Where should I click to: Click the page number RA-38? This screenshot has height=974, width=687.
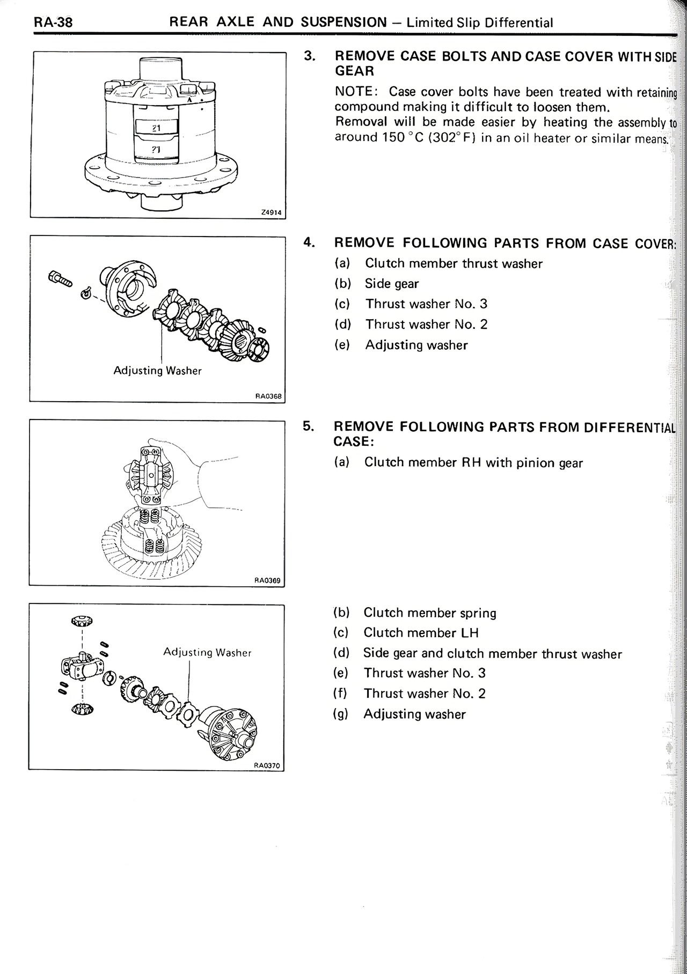click(53, 23)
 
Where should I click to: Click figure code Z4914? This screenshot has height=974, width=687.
click(271, 212)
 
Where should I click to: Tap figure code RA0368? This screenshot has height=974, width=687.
click(268, 397)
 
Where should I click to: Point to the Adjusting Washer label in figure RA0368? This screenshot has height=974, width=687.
click(157, 371)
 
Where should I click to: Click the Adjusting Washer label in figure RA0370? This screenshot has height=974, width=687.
click(207, 652)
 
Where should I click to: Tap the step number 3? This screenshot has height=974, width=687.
click(309, 56)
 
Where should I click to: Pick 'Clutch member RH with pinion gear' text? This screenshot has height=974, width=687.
click(473, 462)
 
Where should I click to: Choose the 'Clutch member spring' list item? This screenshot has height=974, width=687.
click(429, 613)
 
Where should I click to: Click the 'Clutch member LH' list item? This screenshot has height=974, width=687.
click(421, 633)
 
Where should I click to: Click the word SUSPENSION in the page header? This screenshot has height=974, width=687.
click(343, 23)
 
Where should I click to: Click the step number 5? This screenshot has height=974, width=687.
click(308, 426)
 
